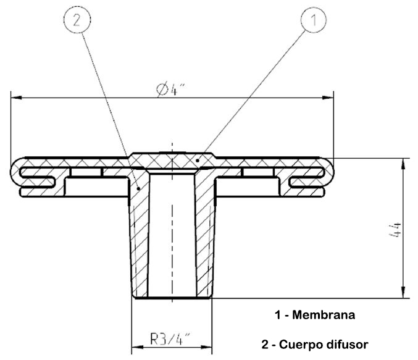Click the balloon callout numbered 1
tap(313, 20)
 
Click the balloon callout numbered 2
tap(77, 20)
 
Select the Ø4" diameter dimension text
tap(171, 90)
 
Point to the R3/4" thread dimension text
tap(170, 339)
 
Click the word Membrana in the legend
tap(324, 316)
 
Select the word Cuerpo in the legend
tap(302, 344)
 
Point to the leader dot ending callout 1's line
tap(196, 161)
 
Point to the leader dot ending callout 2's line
tap(139, 188)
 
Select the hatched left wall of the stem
tap(141, 241)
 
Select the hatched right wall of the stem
tap(204, 241)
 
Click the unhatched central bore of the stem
tap(172, 241)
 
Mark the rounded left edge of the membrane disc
tap(13, 169)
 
